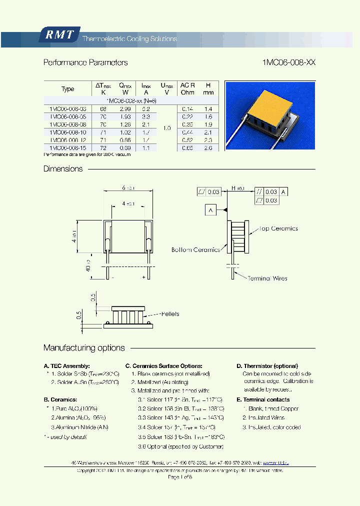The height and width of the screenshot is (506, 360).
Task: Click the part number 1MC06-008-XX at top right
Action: [x=288, y=63]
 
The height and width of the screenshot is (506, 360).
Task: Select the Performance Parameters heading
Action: [x=85, y=63]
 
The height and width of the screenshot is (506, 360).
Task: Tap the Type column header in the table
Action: [x=67, y=89]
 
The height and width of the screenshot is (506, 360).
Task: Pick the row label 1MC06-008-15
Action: [x=67, y=148]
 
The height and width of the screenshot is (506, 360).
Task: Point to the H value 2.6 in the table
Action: [x=208, y=148]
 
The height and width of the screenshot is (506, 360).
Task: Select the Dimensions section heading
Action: [x=63, y=169]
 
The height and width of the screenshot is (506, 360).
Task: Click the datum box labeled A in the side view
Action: [x=210, y=210]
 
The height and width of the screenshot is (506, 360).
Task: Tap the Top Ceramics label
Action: [x=278, y=228]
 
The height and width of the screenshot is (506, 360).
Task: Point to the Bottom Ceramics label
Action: [x=195, y=249]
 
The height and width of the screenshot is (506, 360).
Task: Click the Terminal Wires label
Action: [x=267, y=278]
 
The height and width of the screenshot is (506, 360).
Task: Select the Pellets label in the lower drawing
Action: [x=170, y=314]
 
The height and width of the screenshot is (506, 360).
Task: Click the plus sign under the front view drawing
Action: [x=143, y=276]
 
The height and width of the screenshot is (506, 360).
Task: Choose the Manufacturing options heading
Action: [x=84, y=348]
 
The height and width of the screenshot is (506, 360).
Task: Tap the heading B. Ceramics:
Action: [x=60, y=399]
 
